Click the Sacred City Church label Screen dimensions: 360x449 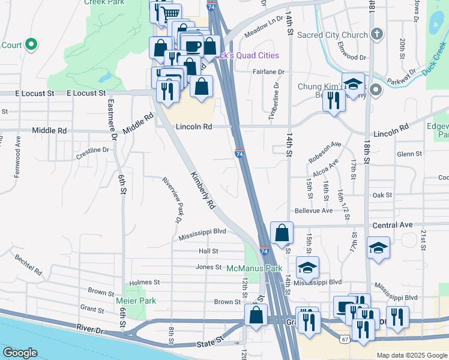[340, 35]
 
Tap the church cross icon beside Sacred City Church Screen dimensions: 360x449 [377, 35]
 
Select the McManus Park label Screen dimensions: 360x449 [254, 268]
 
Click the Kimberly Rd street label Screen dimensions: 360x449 [203, 190]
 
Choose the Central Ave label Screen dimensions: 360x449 [393, 225]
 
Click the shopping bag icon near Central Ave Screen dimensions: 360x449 [282, 233]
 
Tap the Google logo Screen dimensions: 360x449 [20, 352]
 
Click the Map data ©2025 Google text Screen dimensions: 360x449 [412, 355]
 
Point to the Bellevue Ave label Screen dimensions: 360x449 [313, 211]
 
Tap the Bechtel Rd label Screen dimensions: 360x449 [29, 263]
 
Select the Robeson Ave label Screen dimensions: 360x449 [325, 152]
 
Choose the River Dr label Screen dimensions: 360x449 [90, 329]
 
